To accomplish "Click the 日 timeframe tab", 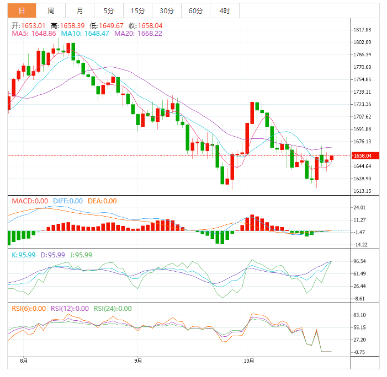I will pyautogui.click(x=22, y=10).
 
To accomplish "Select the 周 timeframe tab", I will pyautogui.click(x=51, y=10).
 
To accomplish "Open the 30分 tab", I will pyautogui.click(x=167, y=10).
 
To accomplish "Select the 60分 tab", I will pyautogui.click(x=195, y=10).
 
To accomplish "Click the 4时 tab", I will pyautogui.click(x=224, y=10).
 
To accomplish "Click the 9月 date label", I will pyautogui.click(x=138, y=361).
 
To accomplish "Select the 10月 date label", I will pyautogui.click(x=249, y=361).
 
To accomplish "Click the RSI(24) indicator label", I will pyautogui.click(x=113, y=309).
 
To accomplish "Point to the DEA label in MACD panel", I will pyautogui.click(x=102, y=201).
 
